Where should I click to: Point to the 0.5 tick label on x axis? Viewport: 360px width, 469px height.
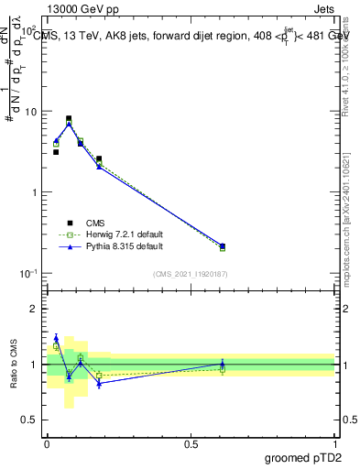pos(191,442)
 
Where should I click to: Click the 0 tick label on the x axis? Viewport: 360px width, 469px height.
pos(47,442)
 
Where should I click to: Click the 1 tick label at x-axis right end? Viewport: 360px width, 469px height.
pos(335,442)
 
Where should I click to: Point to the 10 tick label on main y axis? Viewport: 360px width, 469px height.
pos(30,112)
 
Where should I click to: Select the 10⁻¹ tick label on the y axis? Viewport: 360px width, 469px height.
pos(29,273)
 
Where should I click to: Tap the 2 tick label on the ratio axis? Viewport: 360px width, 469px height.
pos(35,309)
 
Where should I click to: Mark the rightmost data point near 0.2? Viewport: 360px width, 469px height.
pos(223,245)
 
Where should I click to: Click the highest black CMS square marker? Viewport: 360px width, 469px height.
pos(69,118)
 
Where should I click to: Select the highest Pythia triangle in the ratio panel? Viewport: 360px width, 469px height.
pos(56,338)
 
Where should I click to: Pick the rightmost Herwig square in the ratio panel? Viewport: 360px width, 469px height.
pos(223,369)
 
